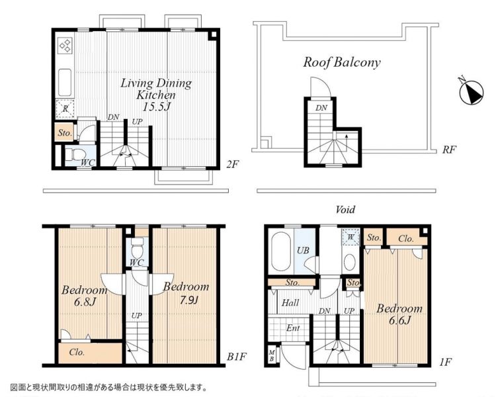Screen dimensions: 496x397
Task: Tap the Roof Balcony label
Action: click(x=342, y=62)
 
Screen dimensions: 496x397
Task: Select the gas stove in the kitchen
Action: click(x=65, y=45)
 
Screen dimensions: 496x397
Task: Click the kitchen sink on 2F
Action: click(x=65, y=82)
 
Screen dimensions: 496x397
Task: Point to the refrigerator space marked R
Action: click(x=65, y=109)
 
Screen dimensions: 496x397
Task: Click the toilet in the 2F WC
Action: click(x=76, y=155)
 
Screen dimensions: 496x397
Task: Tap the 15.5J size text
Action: click(x=156, y=107)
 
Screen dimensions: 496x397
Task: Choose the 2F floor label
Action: click(x=232, y=164)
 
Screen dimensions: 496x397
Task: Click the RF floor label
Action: click(x=449, y=150)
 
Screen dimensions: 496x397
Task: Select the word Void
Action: click(x=345, y=209)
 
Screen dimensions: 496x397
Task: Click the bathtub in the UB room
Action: click(x=280, y=251)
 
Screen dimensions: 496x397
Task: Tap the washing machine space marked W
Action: click(x=351, y=237)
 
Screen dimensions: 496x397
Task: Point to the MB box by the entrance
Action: click(x=271, y=356)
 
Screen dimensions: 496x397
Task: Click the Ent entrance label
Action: click(x=293, y=328)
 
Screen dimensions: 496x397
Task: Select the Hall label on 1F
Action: click(x=290, y=303)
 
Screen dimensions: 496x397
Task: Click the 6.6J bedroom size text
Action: click(x=399, y=321)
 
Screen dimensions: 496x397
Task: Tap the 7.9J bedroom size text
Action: click(x=188, y=300)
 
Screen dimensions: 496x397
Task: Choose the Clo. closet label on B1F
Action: click(x=77, y=352)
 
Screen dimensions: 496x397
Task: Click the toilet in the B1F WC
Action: click(x=138, y=248)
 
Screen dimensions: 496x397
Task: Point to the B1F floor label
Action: click(x=237, y=357)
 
